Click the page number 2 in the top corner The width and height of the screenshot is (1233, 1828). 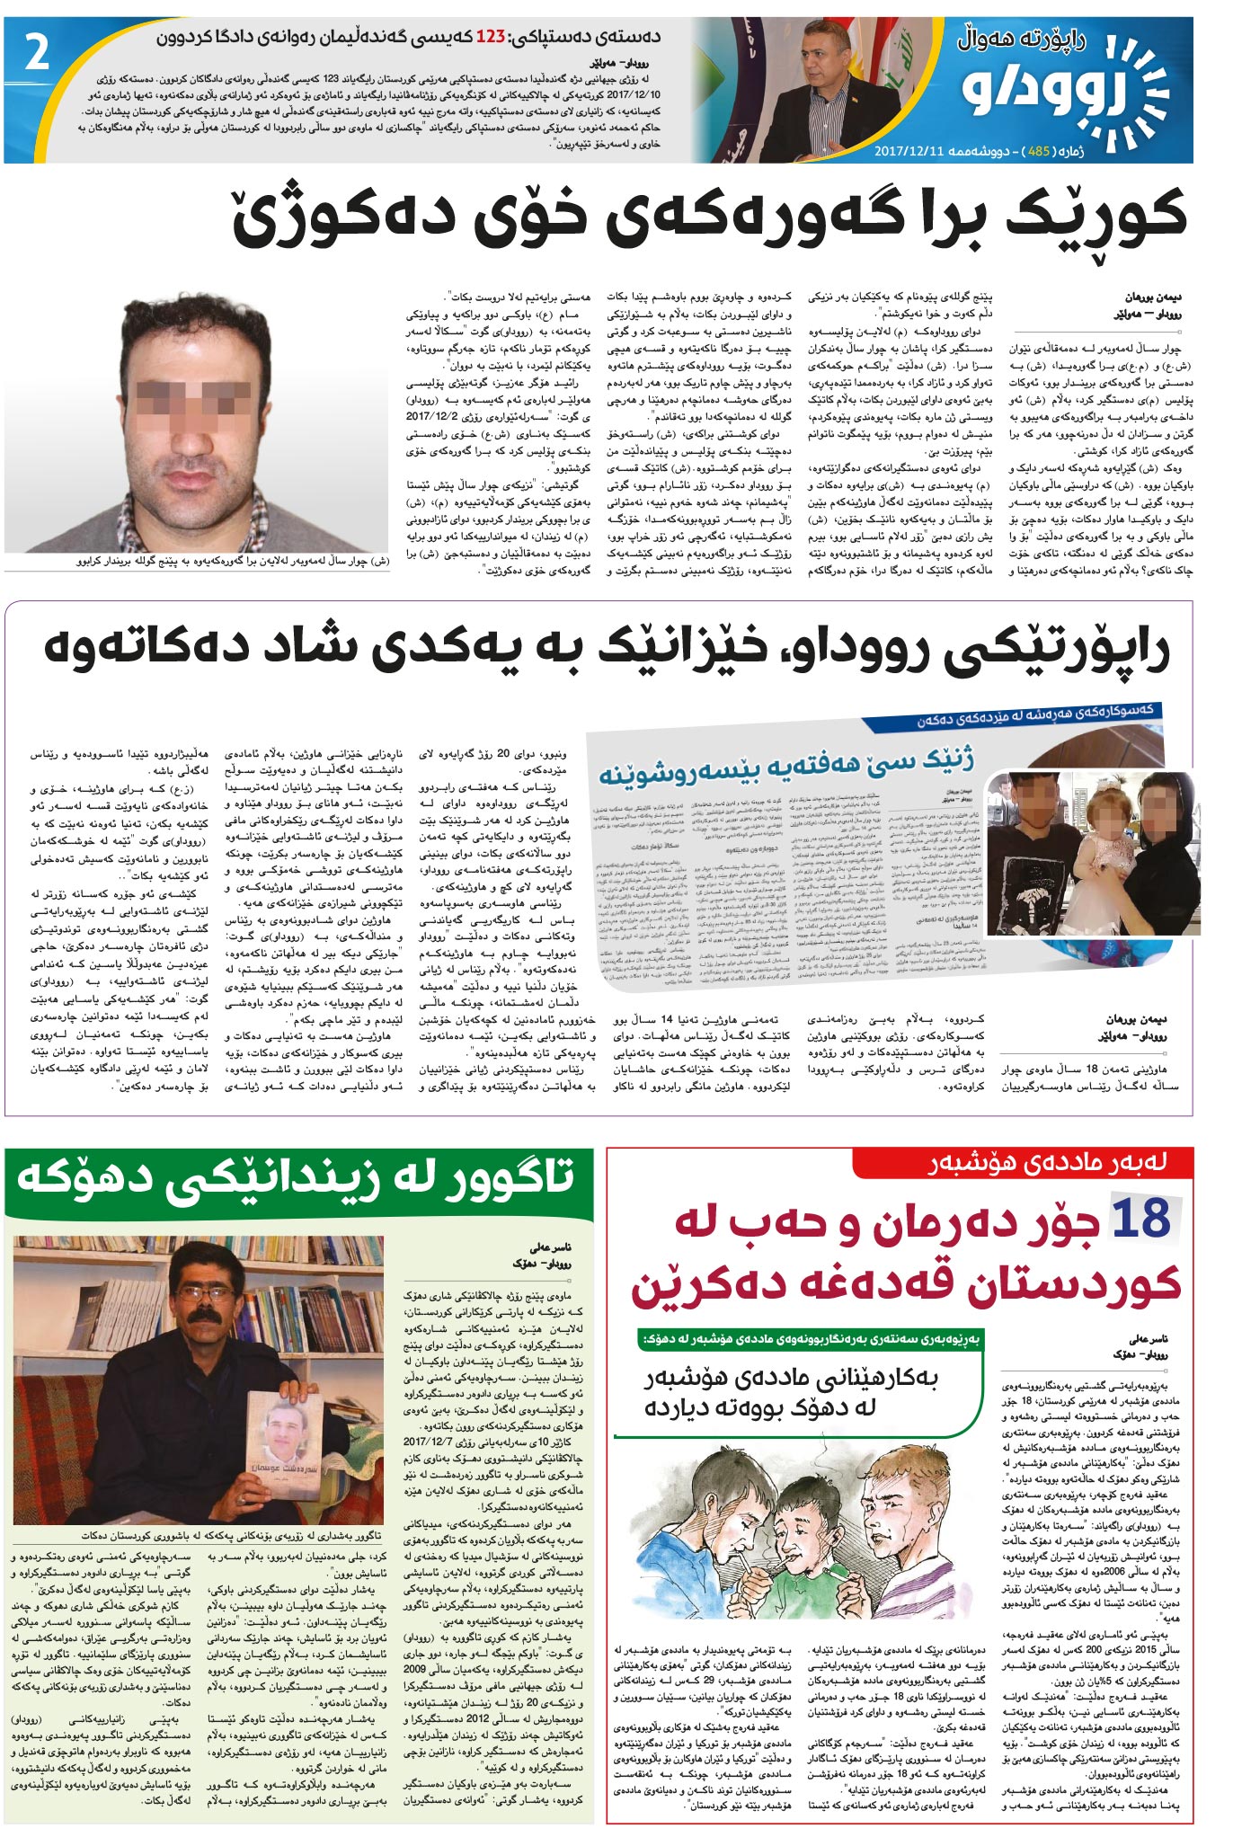coord(36,56)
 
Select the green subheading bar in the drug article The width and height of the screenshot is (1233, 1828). coord(812,1338)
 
